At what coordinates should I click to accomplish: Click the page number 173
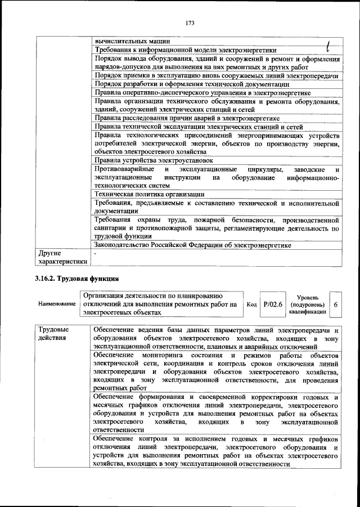point(188,23)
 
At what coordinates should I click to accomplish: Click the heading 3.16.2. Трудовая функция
point(78,279)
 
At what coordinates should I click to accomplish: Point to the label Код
point(252,304)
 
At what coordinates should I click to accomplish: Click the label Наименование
point(57,304)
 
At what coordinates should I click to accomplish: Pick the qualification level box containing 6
point(336,304)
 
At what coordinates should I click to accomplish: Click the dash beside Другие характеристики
point(96,254)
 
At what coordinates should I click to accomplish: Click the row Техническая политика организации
point(150,194)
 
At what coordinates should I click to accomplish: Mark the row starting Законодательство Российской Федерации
point(196,245)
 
